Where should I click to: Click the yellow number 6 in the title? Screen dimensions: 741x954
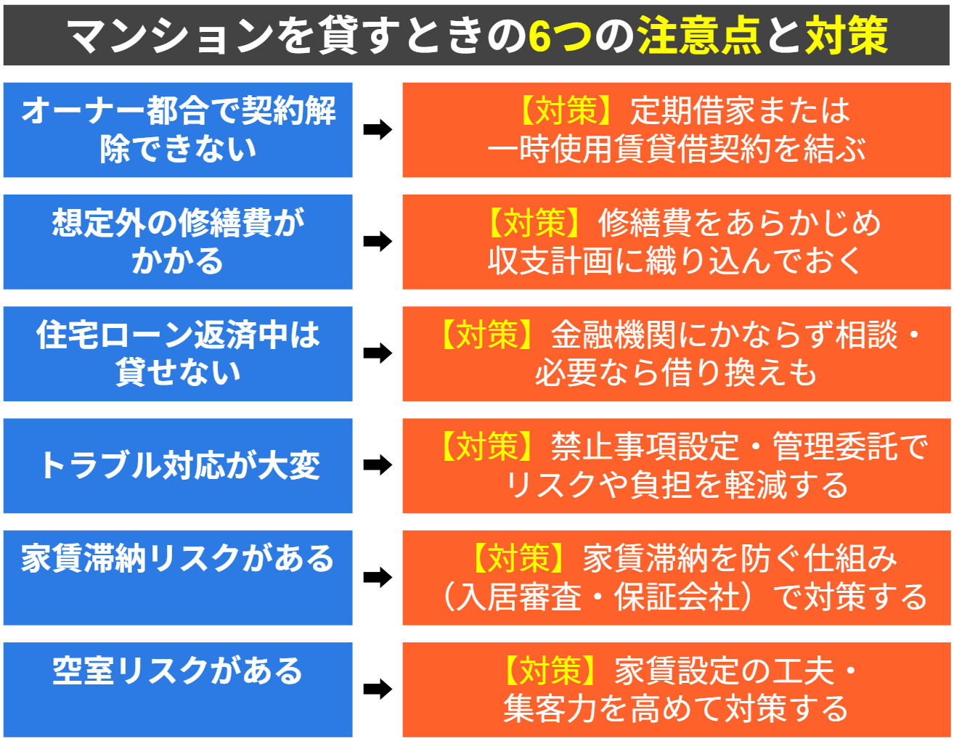539,35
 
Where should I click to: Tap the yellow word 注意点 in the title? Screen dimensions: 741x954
698,35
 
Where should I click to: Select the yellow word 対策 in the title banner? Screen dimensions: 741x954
847,35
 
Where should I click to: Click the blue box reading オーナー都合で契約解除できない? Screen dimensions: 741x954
178,130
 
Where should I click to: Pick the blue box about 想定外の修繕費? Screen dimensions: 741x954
178,242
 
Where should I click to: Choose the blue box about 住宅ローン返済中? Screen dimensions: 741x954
178,353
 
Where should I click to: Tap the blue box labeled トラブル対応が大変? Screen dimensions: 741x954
178,465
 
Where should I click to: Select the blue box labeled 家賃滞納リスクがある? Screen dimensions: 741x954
178,577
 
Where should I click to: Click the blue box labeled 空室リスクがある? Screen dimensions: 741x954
178,689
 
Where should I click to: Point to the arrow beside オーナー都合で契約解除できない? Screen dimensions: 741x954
378,130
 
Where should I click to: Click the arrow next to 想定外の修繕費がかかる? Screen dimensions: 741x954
378,242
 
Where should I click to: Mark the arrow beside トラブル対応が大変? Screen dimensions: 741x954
378,465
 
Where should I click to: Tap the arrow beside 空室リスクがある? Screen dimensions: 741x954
378,689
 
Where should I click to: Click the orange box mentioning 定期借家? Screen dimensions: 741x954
676,130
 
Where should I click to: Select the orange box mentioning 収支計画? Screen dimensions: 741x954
676,242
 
